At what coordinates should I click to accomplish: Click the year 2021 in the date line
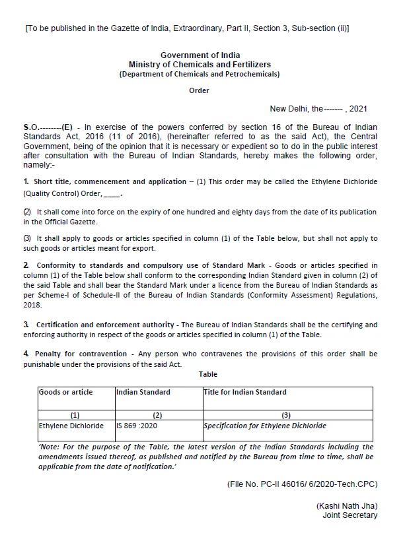pyautogui.click(x=357, y=108)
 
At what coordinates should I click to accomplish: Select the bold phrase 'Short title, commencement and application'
pyautogui.click(x=101, y=181)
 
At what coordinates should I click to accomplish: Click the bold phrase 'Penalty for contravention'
pyautogui.click(x=74, y=354)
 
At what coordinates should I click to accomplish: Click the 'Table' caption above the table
pyautogui.click(x=208, y=374)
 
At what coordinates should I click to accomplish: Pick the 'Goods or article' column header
pyautogui.click(x=65, y=392)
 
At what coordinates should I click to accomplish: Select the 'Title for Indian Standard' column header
pyautogui.click(x=245, y=392)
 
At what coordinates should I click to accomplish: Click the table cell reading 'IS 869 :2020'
pyautogui.click(x=137, y=426)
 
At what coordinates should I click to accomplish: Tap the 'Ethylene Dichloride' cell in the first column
pyautogui.click(x=71, y=426)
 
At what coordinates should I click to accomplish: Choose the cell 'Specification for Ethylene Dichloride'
pyautogui.click(x=265, y=426)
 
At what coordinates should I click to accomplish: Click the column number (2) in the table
pyautogui.click(x=157, y=415)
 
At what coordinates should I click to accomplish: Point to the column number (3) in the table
pyautogui.click(x=285, y=415)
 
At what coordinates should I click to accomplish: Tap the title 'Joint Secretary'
pyautogui.click(x=350, y=515)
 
